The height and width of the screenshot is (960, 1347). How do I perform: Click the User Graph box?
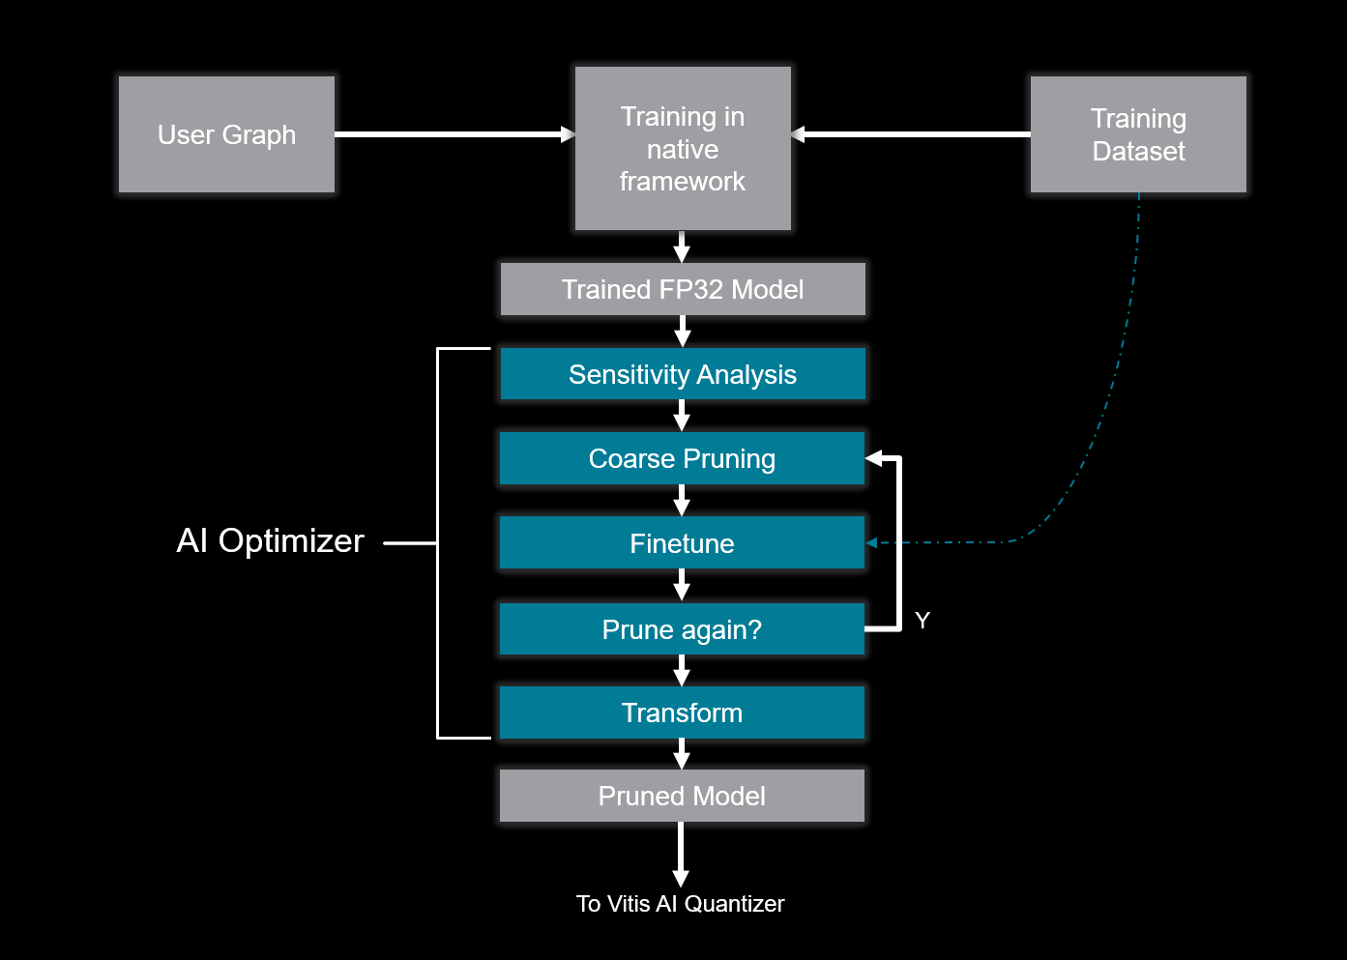click(226, 134)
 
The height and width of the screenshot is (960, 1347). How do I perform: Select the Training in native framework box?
click(683, 149)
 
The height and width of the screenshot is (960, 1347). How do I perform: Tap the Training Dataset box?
click(1138, 134)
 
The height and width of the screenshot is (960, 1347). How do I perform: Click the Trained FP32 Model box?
click(683, 289)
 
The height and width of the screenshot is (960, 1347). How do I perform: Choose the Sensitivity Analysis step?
click(683, 374)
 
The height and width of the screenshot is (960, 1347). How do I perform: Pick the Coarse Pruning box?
click(682, 458)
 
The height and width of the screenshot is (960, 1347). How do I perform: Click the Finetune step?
click(682, 543)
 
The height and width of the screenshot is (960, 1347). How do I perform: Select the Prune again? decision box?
click(682, 629)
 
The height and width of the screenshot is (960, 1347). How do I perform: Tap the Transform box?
click(682, 713)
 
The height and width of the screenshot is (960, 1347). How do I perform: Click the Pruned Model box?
click(682, 796)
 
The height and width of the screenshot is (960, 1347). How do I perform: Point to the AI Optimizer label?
click(271, 540)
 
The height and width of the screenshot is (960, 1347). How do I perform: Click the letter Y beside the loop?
click(922, 621)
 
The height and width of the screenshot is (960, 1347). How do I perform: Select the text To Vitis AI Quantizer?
click(681, 904)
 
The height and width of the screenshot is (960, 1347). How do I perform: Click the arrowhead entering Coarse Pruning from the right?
click(874, 458)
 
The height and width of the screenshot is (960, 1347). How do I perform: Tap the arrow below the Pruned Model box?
click(681, 855)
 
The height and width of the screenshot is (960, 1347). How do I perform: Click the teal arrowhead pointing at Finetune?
click(871, 543)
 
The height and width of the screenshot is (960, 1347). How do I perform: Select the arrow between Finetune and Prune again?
click(682, 586)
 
